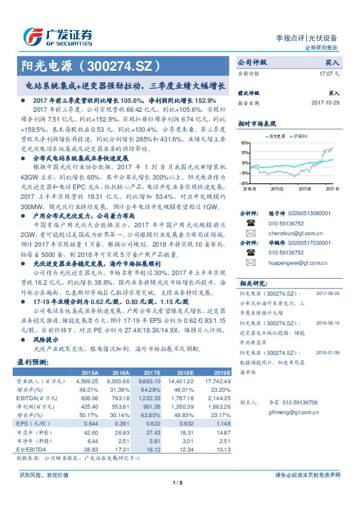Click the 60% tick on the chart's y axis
click(x=244, y=143)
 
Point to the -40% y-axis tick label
click(x=244, y=183)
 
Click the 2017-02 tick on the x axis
click(x=277, y=188)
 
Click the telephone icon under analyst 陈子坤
click(x=250, y=223)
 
